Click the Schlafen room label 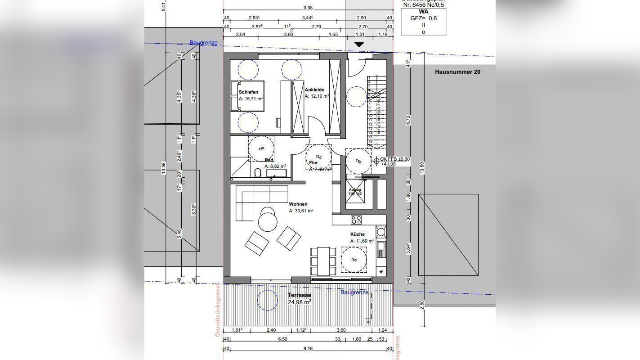(x=248, y=92)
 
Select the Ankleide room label (x=314, y=90)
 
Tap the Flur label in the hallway (x=313, y=162)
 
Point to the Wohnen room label (x=298, y=204)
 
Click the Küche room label (x=358, y=234)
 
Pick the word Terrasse (x=299, y=295)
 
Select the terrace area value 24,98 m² (x=299, y=302)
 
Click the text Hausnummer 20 (x=457, y=72)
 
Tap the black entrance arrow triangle (x=359, y=45)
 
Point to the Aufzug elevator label (x=355, y=189)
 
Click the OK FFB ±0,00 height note (x=395, y=159)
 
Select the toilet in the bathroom (x=257, y=173)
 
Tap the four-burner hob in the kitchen (x=356, y=220)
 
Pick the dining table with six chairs (x=323, y=261)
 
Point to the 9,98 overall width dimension (x=308, y=8)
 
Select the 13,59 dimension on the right (x=421, y=167)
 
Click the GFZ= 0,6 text (x=423, y=18)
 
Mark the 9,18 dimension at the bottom (x=308, y=348)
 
